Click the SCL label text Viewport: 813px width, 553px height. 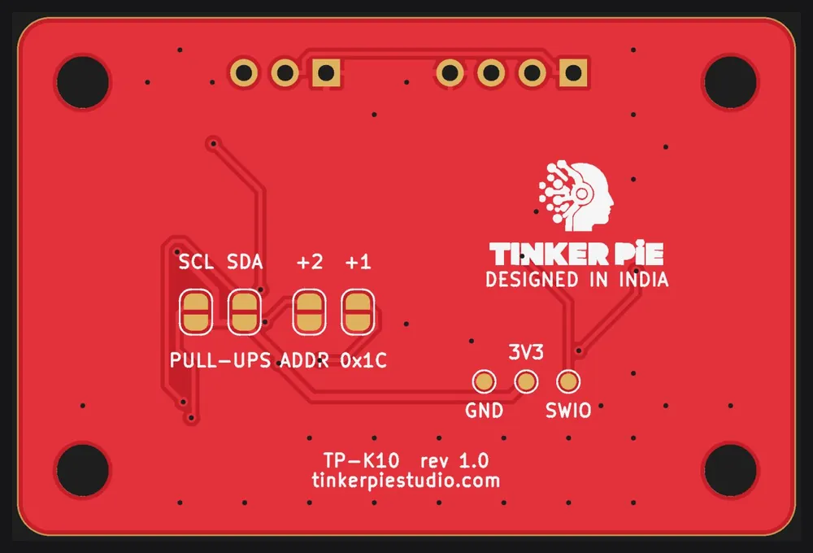[x=196, y=262]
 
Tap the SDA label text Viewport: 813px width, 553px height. [x=245, y=262]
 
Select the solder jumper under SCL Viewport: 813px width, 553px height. [x=195, y=312]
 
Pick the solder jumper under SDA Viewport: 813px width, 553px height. [x=244, y=312]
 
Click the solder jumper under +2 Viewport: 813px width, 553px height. [x=309, y=312]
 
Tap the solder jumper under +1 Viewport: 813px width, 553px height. [x=358, y=312]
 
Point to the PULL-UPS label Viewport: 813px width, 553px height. [x=220, y=360]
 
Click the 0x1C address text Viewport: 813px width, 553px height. [x=363, y=360]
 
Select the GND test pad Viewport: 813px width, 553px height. [x=484, y=381]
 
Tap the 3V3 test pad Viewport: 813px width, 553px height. [x=526, y=381]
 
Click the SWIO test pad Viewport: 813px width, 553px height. [x=567, y=381]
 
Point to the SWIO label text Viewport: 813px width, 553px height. [x=568, y=411]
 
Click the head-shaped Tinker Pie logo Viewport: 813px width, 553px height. [x=576, y=196]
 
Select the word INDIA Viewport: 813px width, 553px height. [x=644, y=280]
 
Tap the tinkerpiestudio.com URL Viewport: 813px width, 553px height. [x=406, y=481]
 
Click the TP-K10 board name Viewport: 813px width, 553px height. [x=362, y=460]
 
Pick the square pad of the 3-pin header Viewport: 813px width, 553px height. [x=326, y=72]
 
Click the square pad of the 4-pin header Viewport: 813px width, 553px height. [x=573, y=72]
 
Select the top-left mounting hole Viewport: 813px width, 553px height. [x=83, y=82]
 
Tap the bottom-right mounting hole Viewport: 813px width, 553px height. [x=730, y=470]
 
